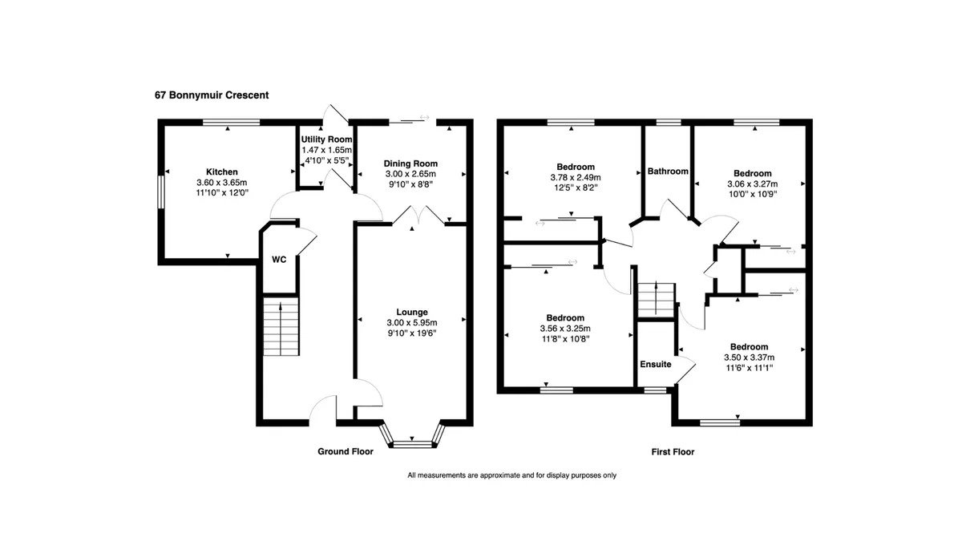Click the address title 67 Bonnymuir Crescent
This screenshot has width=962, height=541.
click(212, 95)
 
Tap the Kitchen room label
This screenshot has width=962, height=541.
click(221, 172)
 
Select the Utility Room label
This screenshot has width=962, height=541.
click(326, 139)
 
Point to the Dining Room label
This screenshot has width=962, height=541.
click(410, 164)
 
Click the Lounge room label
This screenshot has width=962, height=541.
click(412, 312)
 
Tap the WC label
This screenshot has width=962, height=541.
click(279, 260)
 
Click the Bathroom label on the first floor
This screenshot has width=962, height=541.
click(668, 172)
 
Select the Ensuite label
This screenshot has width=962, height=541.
click(656, 364)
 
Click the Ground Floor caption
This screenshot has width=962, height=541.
click(346, 451)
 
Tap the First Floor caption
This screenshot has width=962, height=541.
click(673, 452)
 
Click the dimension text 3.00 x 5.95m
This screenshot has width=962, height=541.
click(412, 323)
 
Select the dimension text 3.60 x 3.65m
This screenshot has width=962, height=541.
click(221, 183)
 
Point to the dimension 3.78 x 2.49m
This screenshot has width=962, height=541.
click(576, 177)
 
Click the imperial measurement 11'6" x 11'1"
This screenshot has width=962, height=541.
click(750, 368)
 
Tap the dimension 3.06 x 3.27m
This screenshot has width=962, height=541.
click(753, 184)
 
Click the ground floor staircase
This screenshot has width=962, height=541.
click(281, 326)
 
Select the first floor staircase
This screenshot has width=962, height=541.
click(657, 300)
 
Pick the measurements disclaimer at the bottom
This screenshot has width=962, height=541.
click(512, 475)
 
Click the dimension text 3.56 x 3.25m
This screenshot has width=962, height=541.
click(565, 329)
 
